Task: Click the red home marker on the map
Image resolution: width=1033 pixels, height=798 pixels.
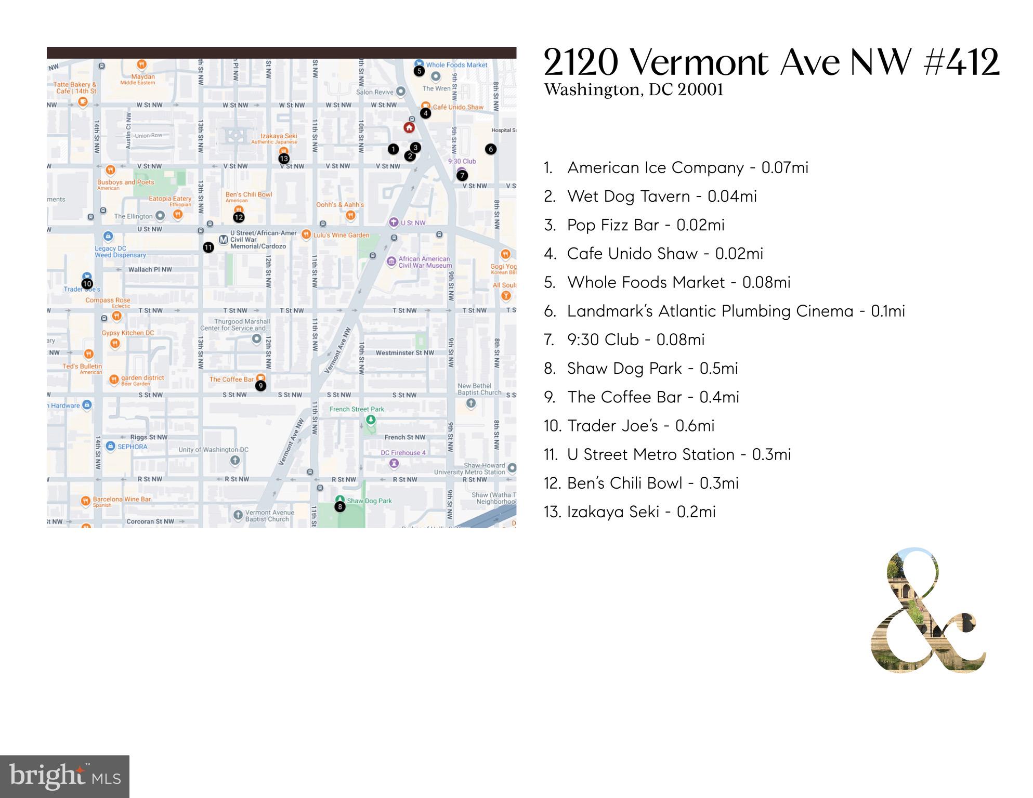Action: [x=409, y=127]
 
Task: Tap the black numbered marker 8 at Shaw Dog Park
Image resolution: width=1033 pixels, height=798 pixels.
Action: [x=339, y=506]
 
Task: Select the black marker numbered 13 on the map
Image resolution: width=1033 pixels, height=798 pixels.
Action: [x=284, y=159]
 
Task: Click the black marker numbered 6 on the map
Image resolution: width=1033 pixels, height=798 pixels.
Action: [x=490, y=149]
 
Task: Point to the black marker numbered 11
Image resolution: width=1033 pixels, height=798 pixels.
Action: [x=208, y=247]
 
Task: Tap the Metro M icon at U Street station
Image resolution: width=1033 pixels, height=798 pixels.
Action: [x=223, y=240]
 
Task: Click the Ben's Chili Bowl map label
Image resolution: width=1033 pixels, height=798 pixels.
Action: [x=249, y=195]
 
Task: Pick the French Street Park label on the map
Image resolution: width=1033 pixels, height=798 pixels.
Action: [x=357, y=409]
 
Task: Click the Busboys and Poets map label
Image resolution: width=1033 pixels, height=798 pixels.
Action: [x=126, y=182]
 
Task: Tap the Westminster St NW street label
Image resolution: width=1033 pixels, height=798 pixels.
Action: [x=404, y=353]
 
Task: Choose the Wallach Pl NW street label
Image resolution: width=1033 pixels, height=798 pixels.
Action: [x=150, y=269]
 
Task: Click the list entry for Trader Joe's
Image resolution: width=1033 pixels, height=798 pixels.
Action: [x=629, y=426]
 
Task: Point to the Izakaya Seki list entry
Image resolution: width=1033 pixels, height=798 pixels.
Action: [x=630, y=512]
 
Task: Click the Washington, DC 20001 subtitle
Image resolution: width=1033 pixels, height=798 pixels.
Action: [x=633, y=90]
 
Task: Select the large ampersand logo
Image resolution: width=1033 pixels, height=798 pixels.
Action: [x=927, y=610]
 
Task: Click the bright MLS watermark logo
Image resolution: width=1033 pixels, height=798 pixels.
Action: [x=64, y=777]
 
